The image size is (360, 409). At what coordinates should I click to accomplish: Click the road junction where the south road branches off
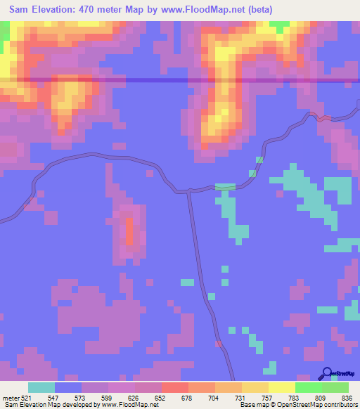point(188,190)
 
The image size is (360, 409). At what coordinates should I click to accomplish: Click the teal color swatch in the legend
point(41,387)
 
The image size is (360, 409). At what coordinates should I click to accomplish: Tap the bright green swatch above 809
point(309,387)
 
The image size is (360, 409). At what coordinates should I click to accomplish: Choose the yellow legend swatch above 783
point(282,387)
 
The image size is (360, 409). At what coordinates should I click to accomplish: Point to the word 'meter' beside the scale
point(11,397)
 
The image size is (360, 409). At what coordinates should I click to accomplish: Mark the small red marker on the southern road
point(218,344)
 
